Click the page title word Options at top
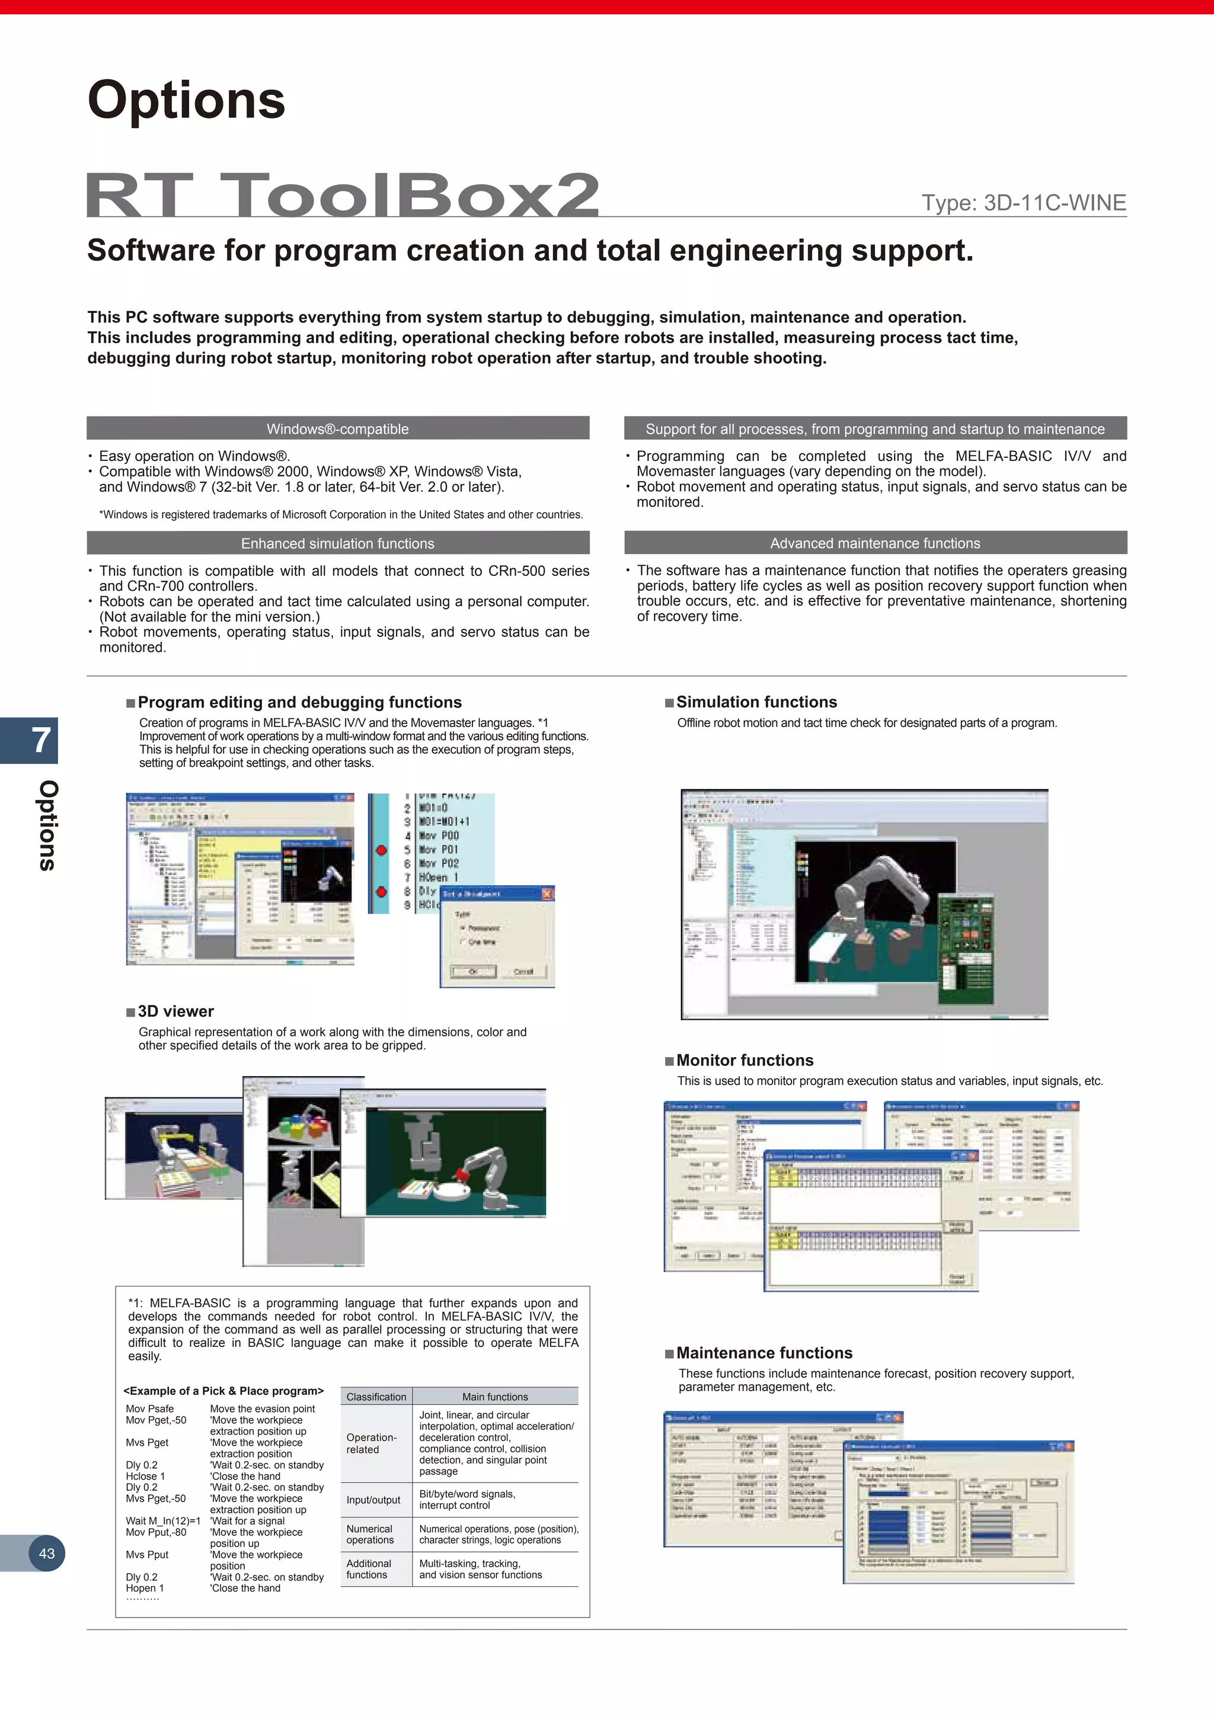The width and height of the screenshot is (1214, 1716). pyautogui.click(x=186, y=100)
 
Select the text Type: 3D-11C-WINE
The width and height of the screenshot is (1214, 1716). pyautogui.click(x=1023, y=203)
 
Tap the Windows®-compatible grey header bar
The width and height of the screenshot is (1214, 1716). pyautogui.click(x=338, y=429)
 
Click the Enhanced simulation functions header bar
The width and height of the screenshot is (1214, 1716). pyautogui.click(x=338, y=543)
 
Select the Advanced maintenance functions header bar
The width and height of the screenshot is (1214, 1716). pyautogui.click(x=874, y=543)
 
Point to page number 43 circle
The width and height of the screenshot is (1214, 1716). pyautogui.click(x=46, y=1553)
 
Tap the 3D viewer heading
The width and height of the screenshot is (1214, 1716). pyautogui.click(x=175, y=1011)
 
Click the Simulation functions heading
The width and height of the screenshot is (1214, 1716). pyautogui.click(x=756, y=702)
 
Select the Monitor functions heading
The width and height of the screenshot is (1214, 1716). pyautogui.click(x=745, y=1060)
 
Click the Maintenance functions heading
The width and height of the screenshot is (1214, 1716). pyautogui.click(x=764, y=1353)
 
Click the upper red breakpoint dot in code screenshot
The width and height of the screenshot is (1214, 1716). pyautogui.click(x=381, y=850)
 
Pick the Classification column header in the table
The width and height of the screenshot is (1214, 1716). pyautogui.click(x=376, y=1397)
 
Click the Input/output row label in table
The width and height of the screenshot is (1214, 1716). pyautogui.click(x=373, y=1500)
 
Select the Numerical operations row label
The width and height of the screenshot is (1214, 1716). pyautogui.click(x=369, y=1534)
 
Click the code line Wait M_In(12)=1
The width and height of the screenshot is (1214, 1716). pyautogui.click(x=163, y=1521)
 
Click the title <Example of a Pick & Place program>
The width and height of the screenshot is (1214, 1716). pyautogui.click(x=223, y=1391)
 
